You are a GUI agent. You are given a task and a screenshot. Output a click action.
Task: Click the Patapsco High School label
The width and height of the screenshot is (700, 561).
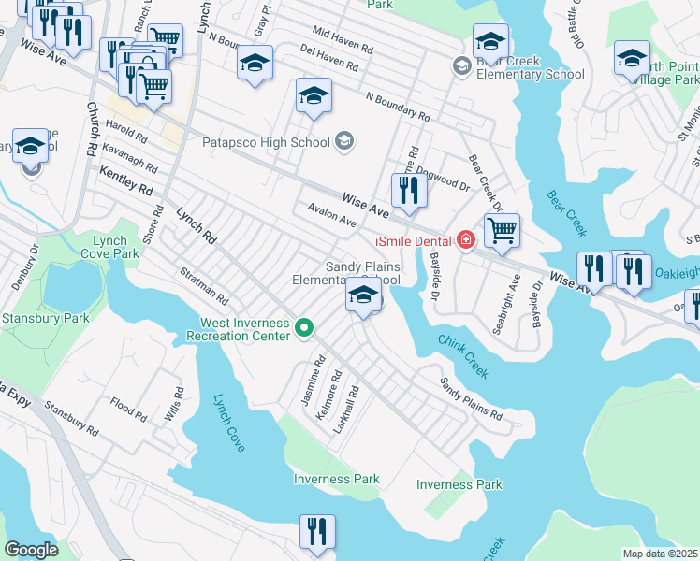coord(266,142)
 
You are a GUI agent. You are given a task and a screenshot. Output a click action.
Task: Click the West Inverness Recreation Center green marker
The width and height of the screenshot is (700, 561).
coord(303,328)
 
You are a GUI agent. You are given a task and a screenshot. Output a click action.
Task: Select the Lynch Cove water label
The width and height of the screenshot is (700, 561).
coord(229,423)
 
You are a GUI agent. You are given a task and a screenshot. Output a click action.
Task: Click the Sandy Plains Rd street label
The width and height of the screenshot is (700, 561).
coord(471,398)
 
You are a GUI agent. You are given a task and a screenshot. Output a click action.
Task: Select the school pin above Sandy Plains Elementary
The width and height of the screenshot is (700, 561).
coord(363,296)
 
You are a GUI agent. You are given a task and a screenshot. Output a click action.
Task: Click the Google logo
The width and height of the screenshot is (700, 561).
coord(32,550)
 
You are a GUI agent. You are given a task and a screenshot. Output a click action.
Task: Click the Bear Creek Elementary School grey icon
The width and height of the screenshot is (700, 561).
coord(460,65)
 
